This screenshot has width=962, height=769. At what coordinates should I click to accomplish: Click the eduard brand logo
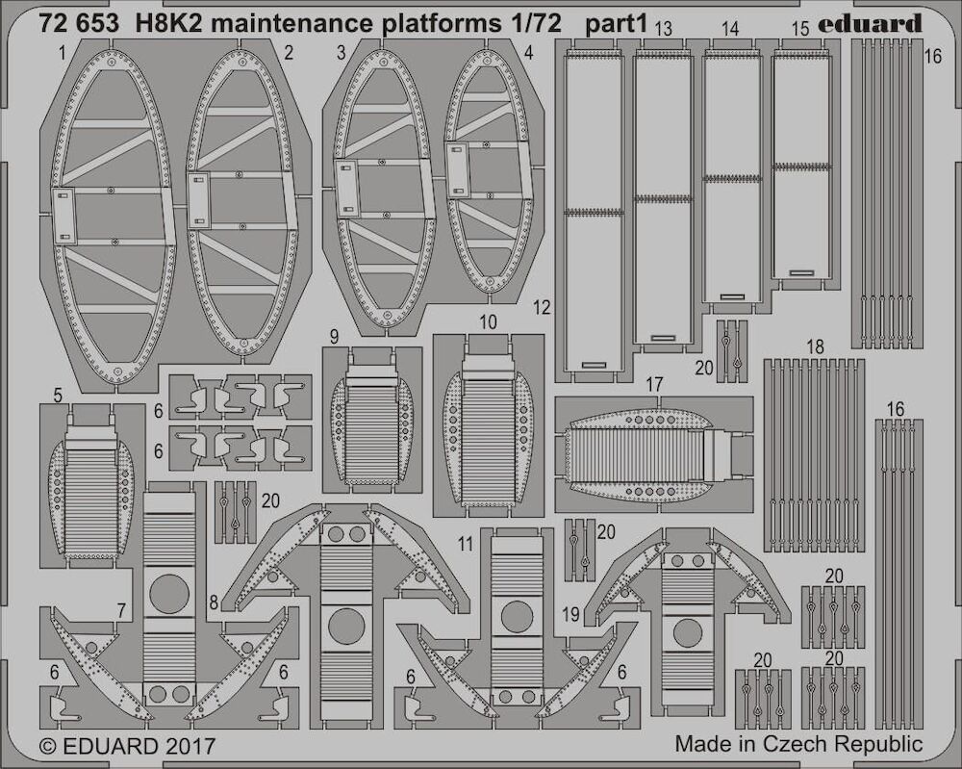coord(870,24)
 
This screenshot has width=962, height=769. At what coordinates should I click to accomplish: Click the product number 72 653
coord(78,24)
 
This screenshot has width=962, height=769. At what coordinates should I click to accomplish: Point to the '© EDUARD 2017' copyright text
coord(127,746)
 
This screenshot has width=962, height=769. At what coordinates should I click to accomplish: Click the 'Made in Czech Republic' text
coord(798,744)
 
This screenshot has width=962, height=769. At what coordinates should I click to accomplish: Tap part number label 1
coord(62,54)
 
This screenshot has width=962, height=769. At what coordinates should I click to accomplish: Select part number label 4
coord(529,53)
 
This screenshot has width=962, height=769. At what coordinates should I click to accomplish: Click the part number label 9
coord(334,336)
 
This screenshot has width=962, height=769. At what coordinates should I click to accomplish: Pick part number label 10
coord(488,322)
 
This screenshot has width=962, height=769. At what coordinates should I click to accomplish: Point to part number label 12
coord(542,307)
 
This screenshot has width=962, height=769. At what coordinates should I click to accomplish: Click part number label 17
coord(654,385)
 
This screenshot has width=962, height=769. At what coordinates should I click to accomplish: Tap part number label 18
coord(815,346)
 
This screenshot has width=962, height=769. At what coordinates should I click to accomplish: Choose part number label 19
coord(570,614)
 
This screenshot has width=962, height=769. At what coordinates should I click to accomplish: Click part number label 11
coord(467,545)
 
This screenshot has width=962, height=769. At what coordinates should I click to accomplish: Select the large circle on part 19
coord(687,632)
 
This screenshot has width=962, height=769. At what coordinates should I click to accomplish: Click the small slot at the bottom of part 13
coord(663,338)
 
